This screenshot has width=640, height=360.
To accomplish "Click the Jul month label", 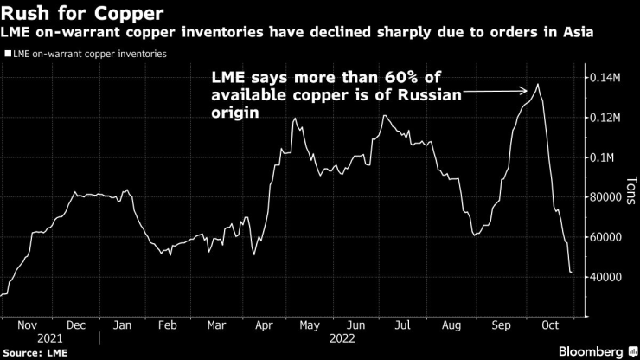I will pyautogui.click(x=402, y=325).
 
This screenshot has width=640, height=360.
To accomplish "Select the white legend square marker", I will pyautogui.click(x=8, y=54).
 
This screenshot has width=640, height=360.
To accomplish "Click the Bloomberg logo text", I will pyautogui.click(x=583, y=352).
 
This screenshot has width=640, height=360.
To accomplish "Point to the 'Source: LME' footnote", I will pyautogui.click(x=35, y=353).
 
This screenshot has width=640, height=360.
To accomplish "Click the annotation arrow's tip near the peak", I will pyautogui.click(x=528, y=90).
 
